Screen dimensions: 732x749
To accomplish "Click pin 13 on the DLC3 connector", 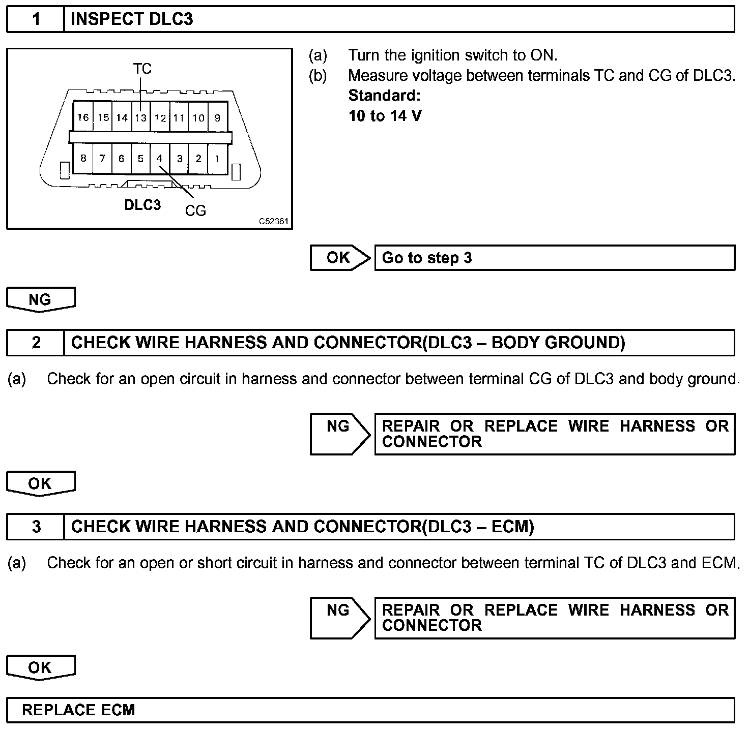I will pos(141,118).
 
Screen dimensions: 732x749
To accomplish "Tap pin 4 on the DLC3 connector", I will pos(159,159).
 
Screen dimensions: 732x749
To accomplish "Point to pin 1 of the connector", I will pos(217,159).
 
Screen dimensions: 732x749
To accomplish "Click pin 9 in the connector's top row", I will pos(217,118).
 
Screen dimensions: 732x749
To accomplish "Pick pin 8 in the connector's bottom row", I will pos(83,159).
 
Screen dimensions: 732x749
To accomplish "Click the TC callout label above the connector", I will pos(142,69).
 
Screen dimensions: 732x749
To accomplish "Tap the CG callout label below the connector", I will pos(195,210).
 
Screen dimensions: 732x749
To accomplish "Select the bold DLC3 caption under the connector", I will pos(142,205).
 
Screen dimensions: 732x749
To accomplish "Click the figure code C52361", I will pos(273,222).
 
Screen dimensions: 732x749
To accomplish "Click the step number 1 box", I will pos(36,19).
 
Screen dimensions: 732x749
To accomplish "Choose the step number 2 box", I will pos(36,343).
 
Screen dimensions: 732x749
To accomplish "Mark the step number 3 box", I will pos(36,527).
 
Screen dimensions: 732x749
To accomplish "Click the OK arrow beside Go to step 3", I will pos(339,258).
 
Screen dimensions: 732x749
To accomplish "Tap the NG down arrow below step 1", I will pos(40,299).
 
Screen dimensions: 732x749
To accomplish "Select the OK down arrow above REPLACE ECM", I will pos(40,667).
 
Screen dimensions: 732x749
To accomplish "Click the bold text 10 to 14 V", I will pos(385,116).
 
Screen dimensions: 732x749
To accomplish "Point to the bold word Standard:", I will pos(384,96).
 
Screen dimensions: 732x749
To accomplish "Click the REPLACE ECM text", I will pos(78,710).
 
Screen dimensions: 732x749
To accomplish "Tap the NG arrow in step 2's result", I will pos(339,433).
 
